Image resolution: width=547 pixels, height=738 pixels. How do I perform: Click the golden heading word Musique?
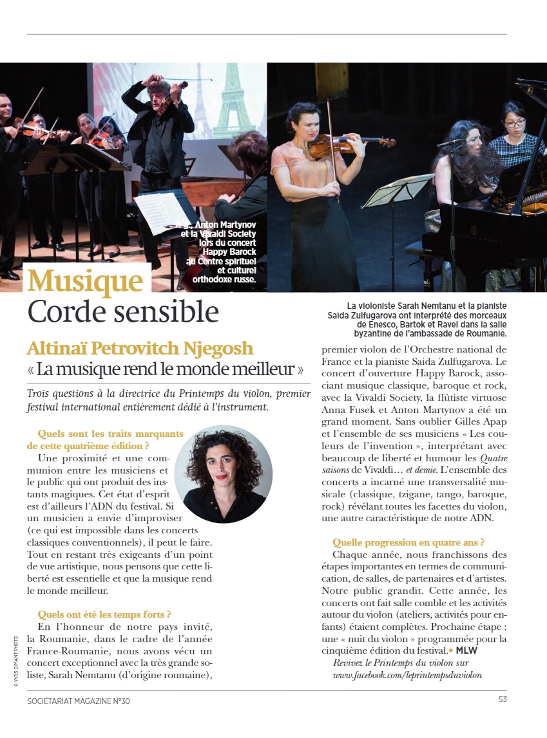click(x=86, y=281)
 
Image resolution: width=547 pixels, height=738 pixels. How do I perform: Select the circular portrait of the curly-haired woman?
click(x=223, y=465)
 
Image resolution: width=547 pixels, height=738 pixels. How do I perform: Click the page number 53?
click(x=502, y=701)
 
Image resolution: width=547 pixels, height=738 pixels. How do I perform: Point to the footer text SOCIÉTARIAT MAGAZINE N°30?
click(x=79, y=701)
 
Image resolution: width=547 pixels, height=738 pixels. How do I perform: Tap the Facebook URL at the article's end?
click(x=407, y=675)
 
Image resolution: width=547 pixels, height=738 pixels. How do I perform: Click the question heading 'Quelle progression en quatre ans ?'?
click(x=408, y=542)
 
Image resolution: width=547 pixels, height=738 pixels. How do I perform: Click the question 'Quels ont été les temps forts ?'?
click(x=104, y=614)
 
